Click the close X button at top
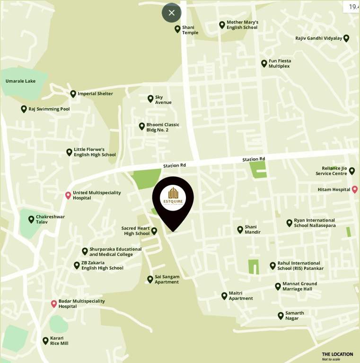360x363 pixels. [x=171, y=13]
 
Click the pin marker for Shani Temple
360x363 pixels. [x=177, y=29]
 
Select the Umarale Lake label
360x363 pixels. [x=20, y=81]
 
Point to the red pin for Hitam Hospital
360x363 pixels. [x=354, y=190]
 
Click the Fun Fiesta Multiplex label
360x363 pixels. [x=280, y=63]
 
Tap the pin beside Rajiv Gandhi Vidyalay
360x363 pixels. [x=346, y=38]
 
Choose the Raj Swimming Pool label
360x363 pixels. [x=49, y=109]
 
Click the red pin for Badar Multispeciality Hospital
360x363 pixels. [x=54, y=303]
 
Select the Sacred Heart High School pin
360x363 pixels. [x=154, y=231]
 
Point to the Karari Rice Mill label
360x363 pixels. [x=59, y=341]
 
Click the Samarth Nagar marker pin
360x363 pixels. [x=281, y=315]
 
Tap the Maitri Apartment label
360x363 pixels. [x=241, y=296]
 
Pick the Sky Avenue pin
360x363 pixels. [x=150, y=99]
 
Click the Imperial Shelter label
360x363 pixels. [x=95, y=94]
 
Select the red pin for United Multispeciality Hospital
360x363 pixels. [x=68, y=195]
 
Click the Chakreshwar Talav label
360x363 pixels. [x=50, y=219]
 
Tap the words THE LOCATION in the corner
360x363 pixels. [x=337, y=354]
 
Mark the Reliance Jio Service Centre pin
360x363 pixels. [x=351, y=171]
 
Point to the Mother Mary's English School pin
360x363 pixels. [x=222, y=25]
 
